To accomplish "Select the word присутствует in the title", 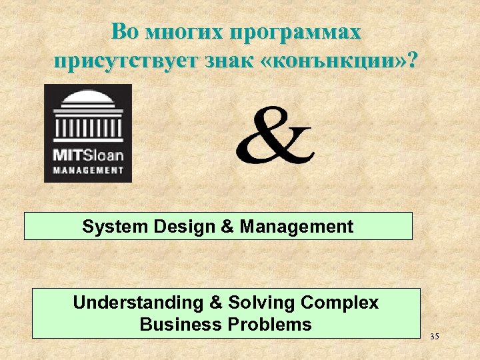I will tap(123, 61).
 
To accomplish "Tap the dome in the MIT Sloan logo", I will tap(88, 99).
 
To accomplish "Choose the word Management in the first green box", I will tap(297, 227).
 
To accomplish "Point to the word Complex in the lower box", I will tap(339, 303).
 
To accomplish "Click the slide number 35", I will tap(434, 336).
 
